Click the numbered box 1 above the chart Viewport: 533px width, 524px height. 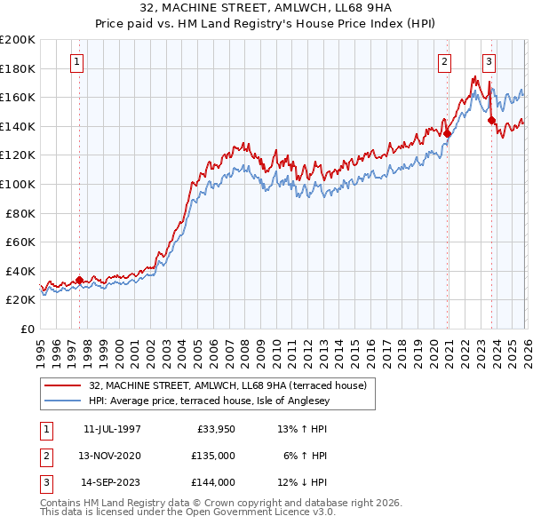78,62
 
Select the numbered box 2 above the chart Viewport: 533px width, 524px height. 444,62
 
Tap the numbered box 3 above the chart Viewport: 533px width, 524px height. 489,62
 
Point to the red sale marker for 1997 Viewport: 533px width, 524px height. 79,280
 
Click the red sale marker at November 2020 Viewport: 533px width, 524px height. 447,134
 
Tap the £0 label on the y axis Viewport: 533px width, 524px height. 27,329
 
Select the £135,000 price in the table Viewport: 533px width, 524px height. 213,456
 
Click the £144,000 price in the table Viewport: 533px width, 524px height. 213,482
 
